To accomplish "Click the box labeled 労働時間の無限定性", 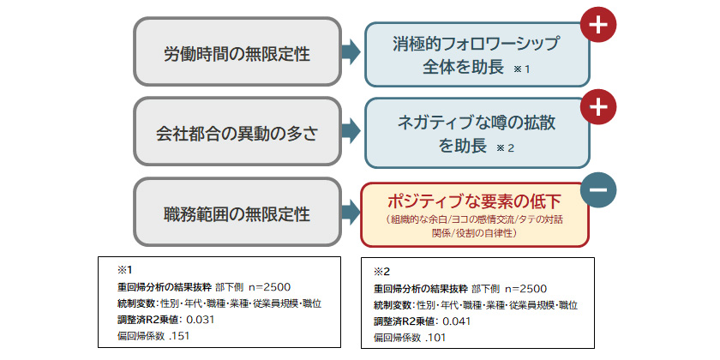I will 237,54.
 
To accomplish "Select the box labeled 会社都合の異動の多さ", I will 237,133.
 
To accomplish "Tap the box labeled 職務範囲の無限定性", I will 237,212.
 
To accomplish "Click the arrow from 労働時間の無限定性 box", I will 350,53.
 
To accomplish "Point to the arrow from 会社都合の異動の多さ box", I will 350,132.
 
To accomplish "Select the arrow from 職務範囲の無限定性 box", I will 350,212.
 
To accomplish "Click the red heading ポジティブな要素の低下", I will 473,202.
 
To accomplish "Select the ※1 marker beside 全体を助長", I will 523,69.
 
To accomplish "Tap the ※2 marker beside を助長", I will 505,148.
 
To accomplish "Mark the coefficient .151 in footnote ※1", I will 178,335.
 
